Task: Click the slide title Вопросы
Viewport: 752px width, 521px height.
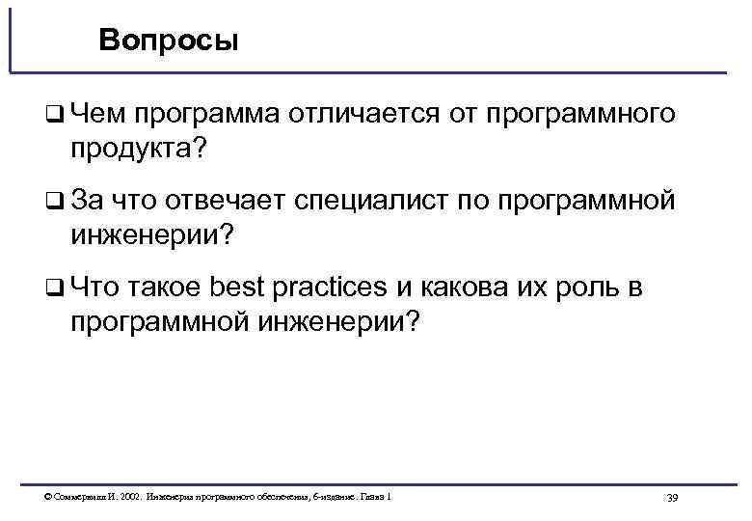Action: click(x=167, y=42)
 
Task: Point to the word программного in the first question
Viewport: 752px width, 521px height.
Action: click(x=578, y=115)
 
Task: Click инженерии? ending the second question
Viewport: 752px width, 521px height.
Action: click(x=151, y=235)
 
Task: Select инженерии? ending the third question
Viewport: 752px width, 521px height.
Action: click(x=339, y=321)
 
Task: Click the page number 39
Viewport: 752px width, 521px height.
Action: click(x=672, y=498)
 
